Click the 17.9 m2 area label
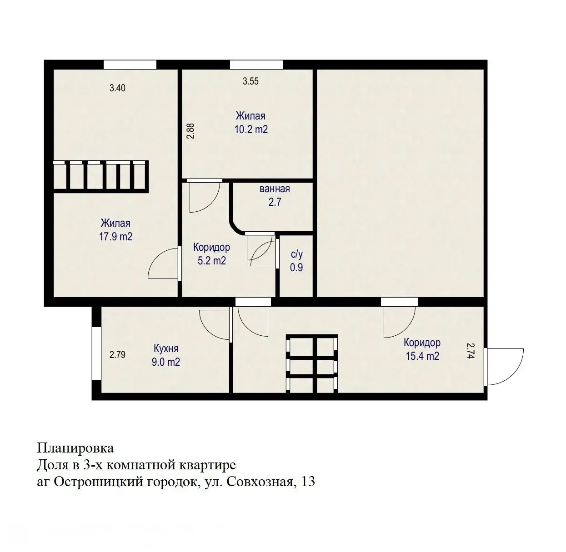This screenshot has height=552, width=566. (x=116, y=237)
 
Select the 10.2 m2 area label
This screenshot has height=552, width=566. (x=251, y=129)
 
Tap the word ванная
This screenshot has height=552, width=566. (x=275, y=189)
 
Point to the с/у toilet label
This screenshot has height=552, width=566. (x=296, y=255)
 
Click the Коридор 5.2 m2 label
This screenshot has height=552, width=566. (x=211, y=254)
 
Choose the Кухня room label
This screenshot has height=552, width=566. (x=166, y=349)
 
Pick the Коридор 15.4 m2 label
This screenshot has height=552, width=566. (x=422, y=349)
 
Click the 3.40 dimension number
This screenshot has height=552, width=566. (x=117, y=88)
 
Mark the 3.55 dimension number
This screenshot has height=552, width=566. (x=250, y=81)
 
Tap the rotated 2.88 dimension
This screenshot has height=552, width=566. (x=191, y=131)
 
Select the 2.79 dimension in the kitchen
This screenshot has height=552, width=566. (x=117, y=354)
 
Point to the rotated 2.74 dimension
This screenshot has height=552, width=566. (x=471, y=351)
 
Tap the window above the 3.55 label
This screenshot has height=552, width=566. (x=256, y=65)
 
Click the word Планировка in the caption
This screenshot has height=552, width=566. (x=75, y=448)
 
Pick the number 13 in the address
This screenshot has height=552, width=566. (x=307, y=482)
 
